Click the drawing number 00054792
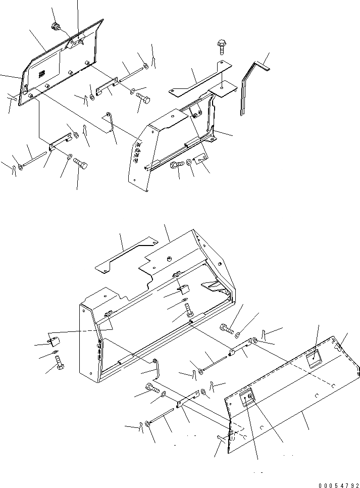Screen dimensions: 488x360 pyautogui.click(x=339, y=484)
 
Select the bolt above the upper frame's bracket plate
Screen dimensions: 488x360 pyautogui.click(x=221, y=46)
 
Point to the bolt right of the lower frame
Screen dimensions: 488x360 pyautogui.click(x=226, y=330)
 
